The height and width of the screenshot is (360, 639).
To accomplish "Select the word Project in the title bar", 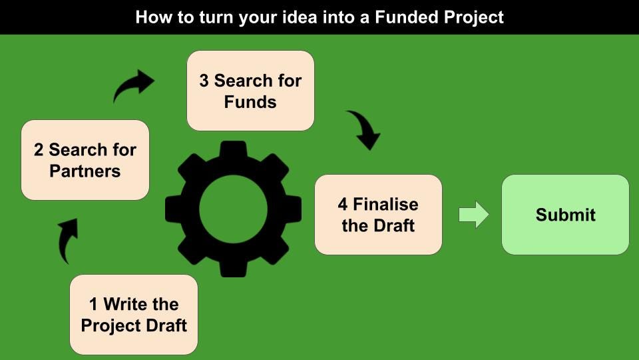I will (473, 17).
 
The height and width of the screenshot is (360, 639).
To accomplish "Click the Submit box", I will (565, 215).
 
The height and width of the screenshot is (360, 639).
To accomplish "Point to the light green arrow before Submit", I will (474, 215).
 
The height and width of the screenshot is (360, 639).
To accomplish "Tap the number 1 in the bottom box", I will (93, 305).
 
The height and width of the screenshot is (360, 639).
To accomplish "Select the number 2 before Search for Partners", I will (39, 150).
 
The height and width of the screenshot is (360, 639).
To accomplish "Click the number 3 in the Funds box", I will (204, 81).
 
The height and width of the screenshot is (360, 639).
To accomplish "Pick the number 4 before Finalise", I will (343, 204).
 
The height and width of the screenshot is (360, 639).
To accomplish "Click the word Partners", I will (85, 171).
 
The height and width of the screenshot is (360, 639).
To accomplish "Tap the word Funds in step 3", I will (250, 102).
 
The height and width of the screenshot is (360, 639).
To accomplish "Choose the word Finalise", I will (386, 204).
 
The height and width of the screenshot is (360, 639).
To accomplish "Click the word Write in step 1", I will (126, 305).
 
